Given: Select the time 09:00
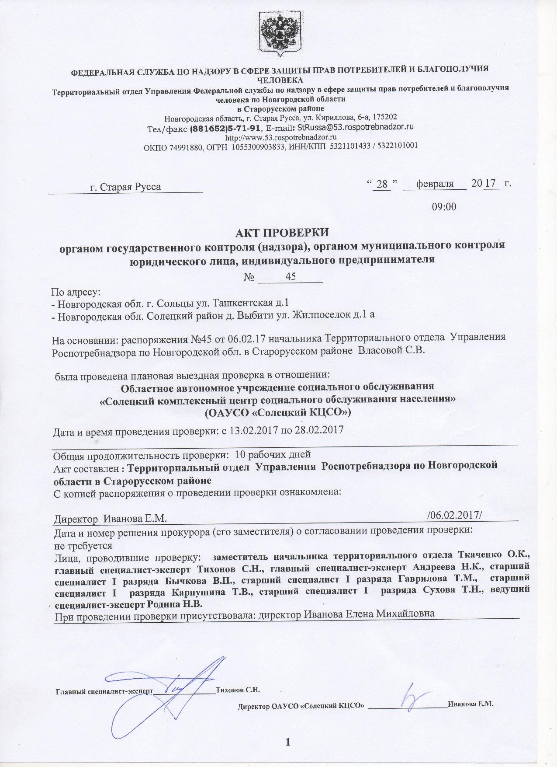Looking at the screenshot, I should (x=444, y=206).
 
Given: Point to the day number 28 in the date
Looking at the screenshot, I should (x=382, y=184).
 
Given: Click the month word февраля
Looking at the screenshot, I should (x=435, y=184).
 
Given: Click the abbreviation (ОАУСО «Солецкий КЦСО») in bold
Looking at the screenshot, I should (x=278, y=412).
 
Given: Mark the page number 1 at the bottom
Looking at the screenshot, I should (x=288, y=741).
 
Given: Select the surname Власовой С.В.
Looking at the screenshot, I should (x=391, y=351).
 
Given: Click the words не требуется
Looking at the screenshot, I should (x=83, y=546).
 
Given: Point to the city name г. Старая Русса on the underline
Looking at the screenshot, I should (x=125, y=187).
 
